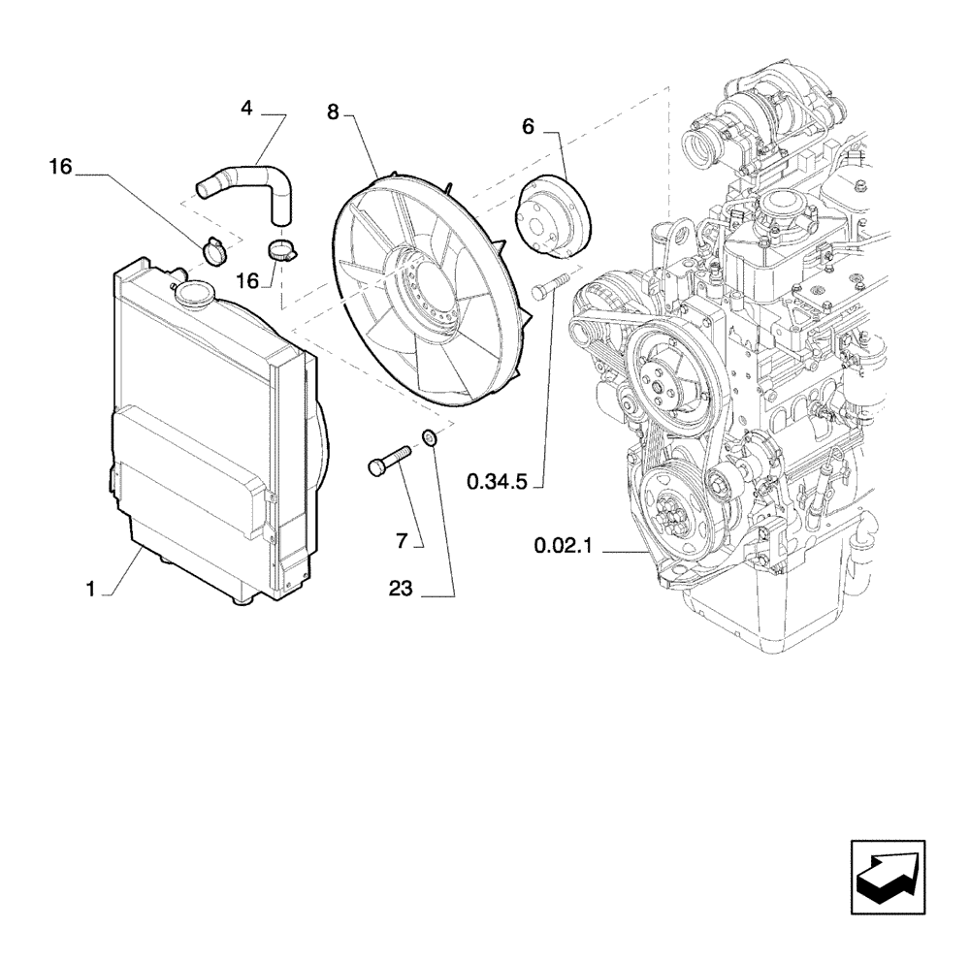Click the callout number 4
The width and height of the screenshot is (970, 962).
[x=247, y=109]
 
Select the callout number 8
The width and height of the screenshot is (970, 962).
[x=333, y=113]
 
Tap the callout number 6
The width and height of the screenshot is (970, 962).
[x=528, y=125]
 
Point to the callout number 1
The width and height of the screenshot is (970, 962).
[x=90, y=589]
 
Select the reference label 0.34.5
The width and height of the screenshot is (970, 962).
[x=496, y=480]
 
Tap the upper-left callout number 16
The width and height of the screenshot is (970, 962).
[x=60, y=168]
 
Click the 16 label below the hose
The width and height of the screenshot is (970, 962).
[x=247, y=280]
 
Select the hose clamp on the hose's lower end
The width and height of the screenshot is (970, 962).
[x=281, y=252]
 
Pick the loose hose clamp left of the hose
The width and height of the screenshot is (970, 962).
[x=217, y=250]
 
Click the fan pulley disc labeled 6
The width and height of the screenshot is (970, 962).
[x=549, y=218]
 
